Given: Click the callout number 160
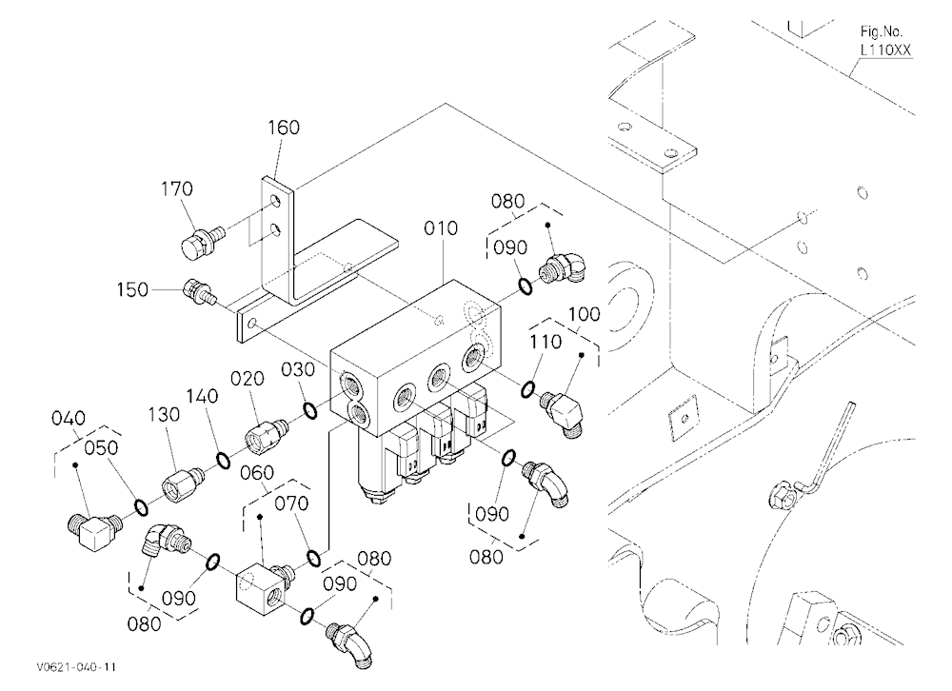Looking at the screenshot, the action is click(284, 128).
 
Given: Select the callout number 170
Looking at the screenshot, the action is click(177, 188).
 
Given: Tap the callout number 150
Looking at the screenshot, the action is click(132, 289).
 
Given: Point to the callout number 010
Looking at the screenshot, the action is click(441, 229).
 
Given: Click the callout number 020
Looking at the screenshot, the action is click(248, 379).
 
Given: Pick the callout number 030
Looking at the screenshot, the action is click(298, 370).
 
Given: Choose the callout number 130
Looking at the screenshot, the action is click(164, 415).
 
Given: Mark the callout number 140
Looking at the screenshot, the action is click(202, 397).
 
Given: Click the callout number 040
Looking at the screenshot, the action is click(68, 419).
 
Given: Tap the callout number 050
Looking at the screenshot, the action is click(101, 448).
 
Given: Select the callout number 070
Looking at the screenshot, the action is click(291, 503).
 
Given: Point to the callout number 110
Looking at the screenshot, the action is click(545, 343).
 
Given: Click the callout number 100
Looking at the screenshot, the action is click(585, 314).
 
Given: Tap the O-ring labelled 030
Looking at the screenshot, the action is click(309, 411).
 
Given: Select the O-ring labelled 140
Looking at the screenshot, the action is click(224, 461).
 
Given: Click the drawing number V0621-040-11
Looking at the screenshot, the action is click(76, 667).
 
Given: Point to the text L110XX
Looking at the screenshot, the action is click(885, 51).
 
